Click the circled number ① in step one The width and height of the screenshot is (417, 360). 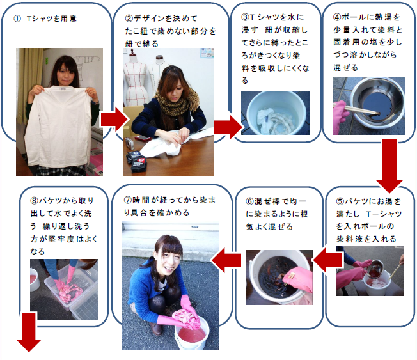click(17, 19)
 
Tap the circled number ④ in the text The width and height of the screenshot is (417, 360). click(336, 17)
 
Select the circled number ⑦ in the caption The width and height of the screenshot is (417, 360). click(128, 200)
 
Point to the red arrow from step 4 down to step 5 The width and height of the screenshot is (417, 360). click(389, 166)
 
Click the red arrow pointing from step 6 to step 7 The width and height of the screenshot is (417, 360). click(226, 260)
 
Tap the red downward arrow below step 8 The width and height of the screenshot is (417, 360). click(29, 333)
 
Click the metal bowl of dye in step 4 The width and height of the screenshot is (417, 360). click(377, 101)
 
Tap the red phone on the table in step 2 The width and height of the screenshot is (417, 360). click(143, 138)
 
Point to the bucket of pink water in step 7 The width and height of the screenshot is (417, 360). click(192, 333)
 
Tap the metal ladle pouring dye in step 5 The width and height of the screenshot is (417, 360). click(374, 269)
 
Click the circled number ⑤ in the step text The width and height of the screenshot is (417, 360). click(340, 201)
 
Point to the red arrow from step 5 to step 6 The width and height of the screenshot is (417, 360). click(327, 260)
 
